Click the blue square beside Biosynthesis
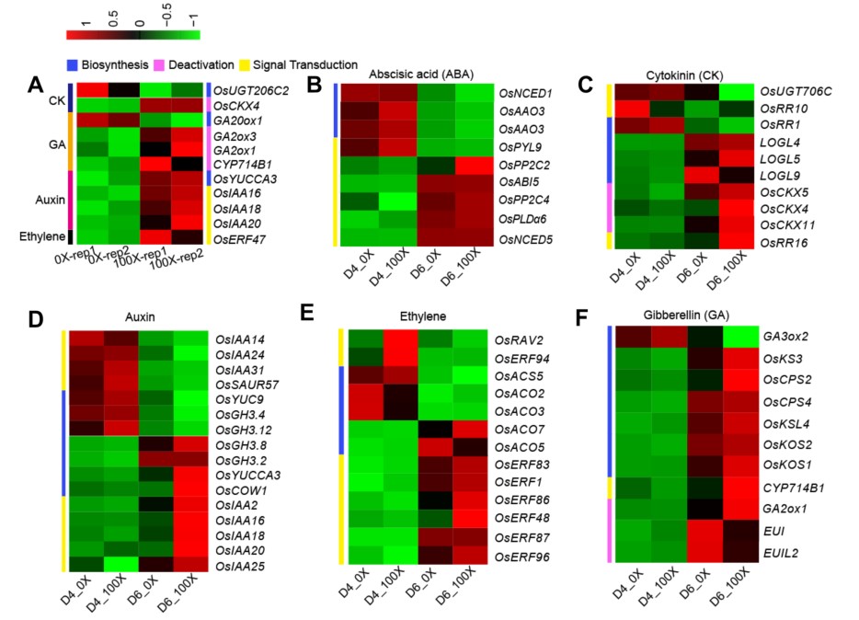click(x=71, y=65)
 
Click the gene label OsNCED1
click(x=525, y=93)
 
